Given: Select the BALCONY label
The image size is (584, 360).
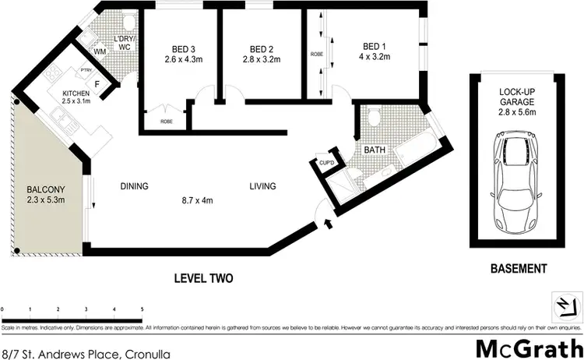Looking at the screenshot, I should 45,189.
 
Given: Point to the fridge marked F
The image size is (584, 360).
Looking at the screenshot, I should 97,83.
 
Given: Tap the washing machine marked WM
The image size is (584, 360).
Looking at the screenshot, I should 100,52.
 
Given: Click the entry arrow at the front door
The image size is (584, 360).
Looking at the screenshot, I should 327,224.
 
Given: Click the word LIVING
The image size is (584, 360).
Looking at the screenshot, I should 262,186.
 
